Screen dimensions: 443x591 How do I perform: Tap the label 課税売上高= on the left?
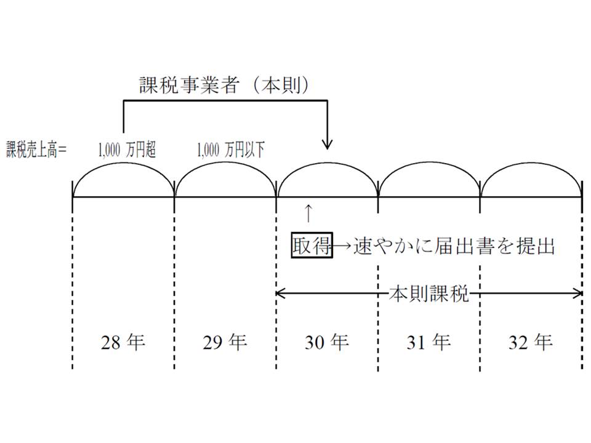[x=36, y=150]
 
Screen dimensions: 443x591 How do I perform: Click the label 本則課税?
[x=428, y=294]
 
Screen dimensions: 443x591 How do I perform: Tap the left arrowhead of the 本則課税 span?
[x=280, y=293]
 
